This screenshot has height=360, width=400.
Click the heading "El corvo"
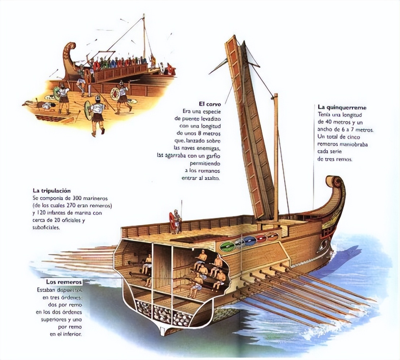(x=209, y=103)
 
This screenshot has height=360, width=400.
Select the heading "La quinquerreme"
(x=342, y=107)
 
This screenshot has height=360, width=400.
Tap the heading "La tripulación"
(x=51, y=190)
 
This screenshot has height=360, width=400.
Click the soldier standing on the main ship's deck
(x=177, y=220)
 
